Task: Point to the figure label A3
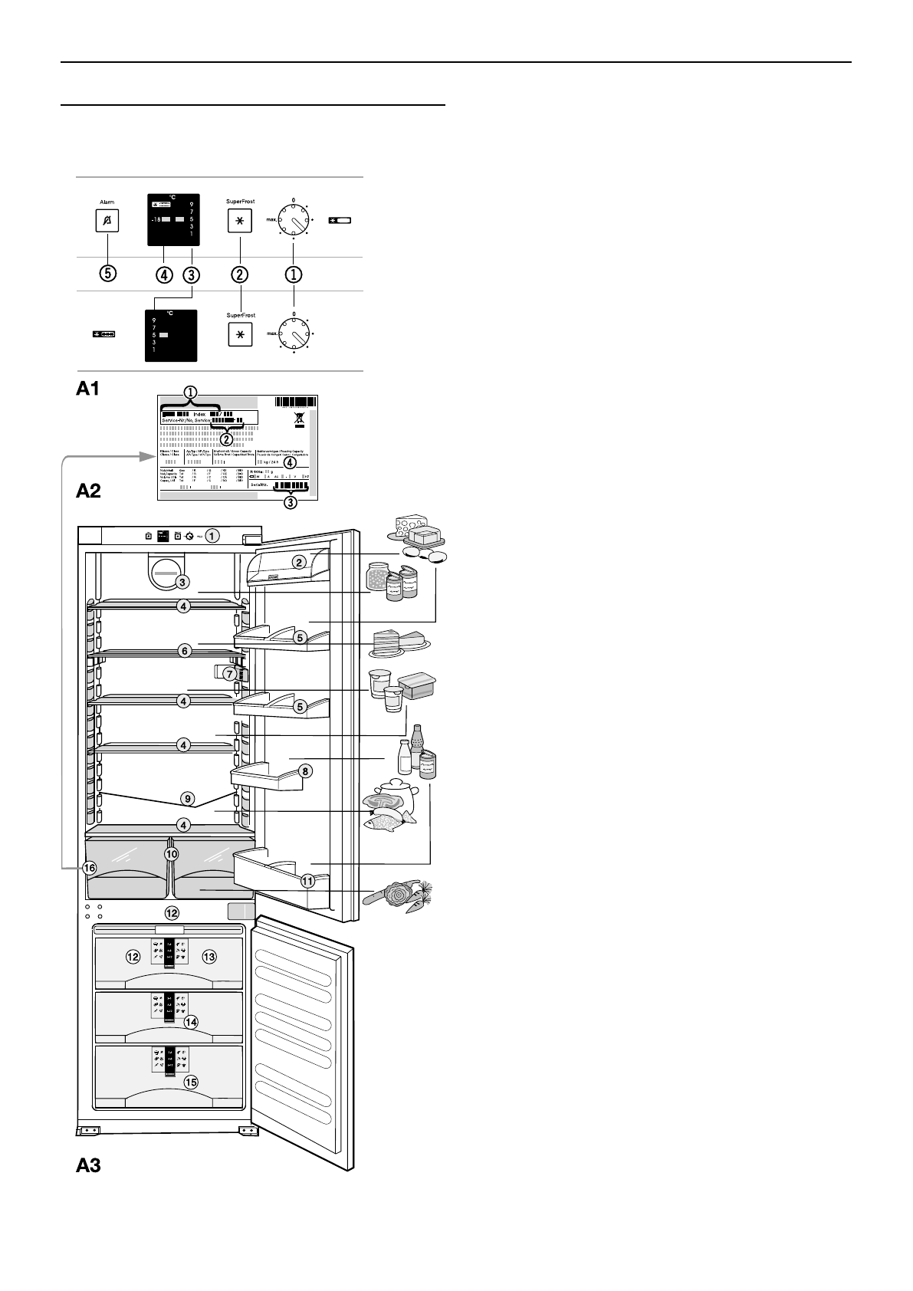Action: (89, 1166)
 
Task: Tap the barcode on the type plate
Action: (295, 402)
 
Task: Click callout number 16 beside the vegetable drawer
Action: (90, 869)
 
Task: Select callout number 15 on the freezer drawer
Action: (190, 1082)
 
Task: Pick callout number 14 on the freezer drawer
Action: (191, 1022)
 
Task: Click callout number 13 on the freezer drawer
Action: (209, 956)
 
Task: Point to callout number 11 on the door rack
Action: (307, 881)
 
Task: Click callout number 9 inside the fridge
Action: (188, 798)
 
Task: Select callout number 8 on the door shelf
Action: (304, 771)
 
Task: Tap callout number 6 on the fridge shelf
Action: (184, 650)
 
